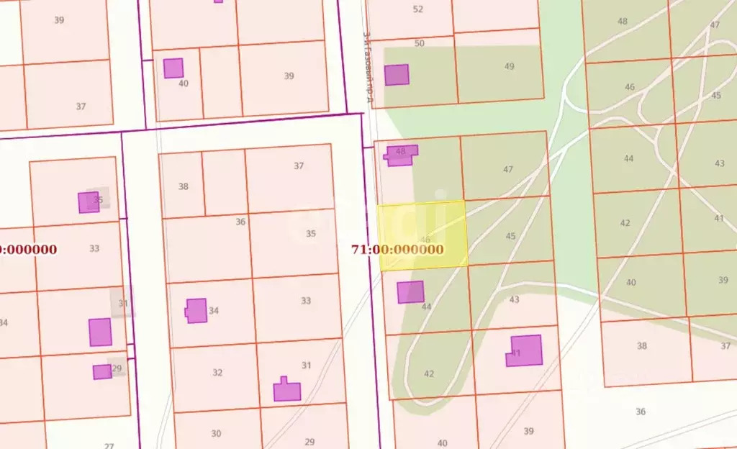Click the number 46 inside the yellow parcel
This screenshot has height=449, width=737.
click(x=425, y=239)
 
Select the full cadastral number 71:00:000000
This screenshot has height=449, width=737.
click(x=398, y=250)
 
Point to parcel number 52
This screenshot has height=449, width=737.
click(x=418, y=9)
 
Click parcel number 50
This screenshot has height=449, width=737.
click(x=420, y=43)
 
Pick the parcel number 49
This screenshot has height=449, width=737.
click(x=510, y=66)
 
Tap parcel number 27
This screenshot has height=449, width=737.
click(x=109, y=446)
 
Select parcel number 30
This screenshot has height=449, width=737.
click(x=216, y=433)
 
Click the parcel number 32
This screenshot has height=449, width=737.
click(x=217, y=373)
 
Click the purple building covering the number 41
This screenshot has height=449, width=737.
click(x=525, y=350)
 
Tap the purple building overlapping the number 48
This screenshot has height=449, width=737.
click(x=401, y=155)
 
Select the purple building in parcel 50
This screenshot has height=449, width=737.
click(x=397, y=75)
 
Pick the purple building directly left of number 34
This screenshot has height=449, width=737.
click(x=196, y=310)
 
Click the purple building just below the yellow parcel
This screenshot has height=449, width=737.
click(x=410, y=291)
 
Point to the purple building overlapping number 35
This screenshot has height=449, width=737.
click(x=89, y=202)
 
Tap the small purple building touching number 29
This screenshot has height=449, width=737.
click(x=102, y=371)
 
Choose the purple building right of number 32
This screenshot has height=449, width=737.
click(x=286, y=390)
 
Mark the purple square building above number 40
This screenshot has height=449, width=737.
click(x=173, y=68)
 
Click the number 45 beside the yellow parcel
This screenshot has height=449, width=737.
click(x=511, y=236)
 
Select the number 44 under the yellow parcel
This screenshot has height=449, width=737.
click(x=427, y=307)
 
